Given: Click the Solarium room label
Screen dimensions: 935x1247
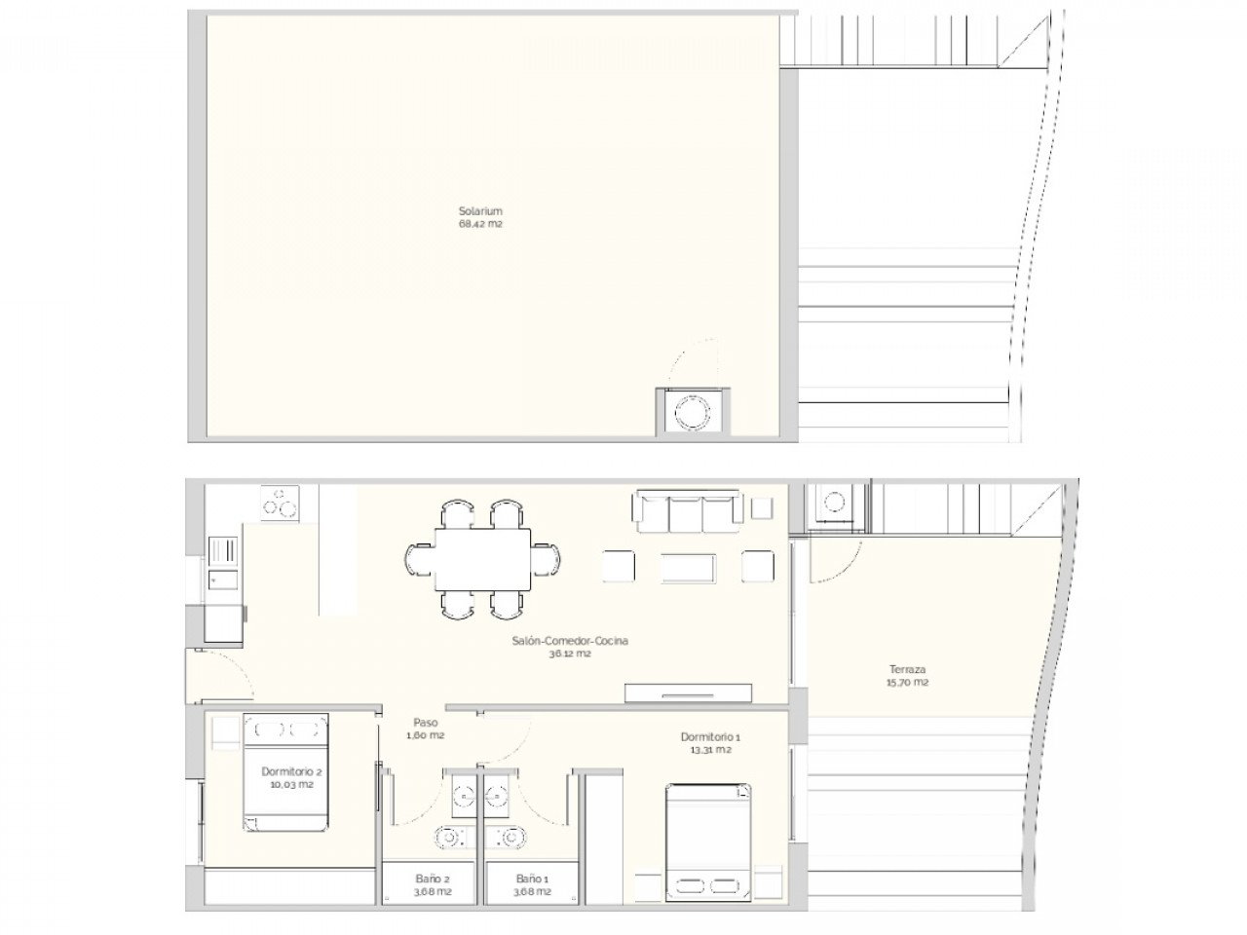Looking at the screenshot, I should (479, 210).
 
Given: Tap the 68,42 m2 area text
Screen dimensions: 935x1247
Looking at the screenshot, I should (479, 224).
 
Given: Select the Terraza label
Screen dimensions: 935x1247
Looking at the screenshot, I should (907, 669).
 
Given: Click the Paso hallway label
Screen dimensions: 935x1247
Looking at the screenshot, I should (425, 723).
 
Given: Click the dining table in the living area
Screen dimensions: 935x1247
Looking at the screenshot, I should (483, 559).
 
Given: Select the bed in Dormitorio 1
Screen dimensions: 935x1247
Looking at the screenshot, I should (709, 841).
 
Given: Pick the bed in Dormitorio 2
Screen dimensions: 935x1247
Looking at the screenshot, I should (284, 771).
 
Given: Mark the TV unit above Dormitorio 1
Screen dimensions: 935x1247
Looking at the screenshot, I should (688, 692).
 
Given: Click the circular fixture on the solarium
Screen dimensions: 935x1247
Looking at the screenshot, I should (692, 412).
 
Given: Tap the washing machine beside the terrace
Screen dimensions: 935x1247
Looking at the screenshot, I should (836, 506).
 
